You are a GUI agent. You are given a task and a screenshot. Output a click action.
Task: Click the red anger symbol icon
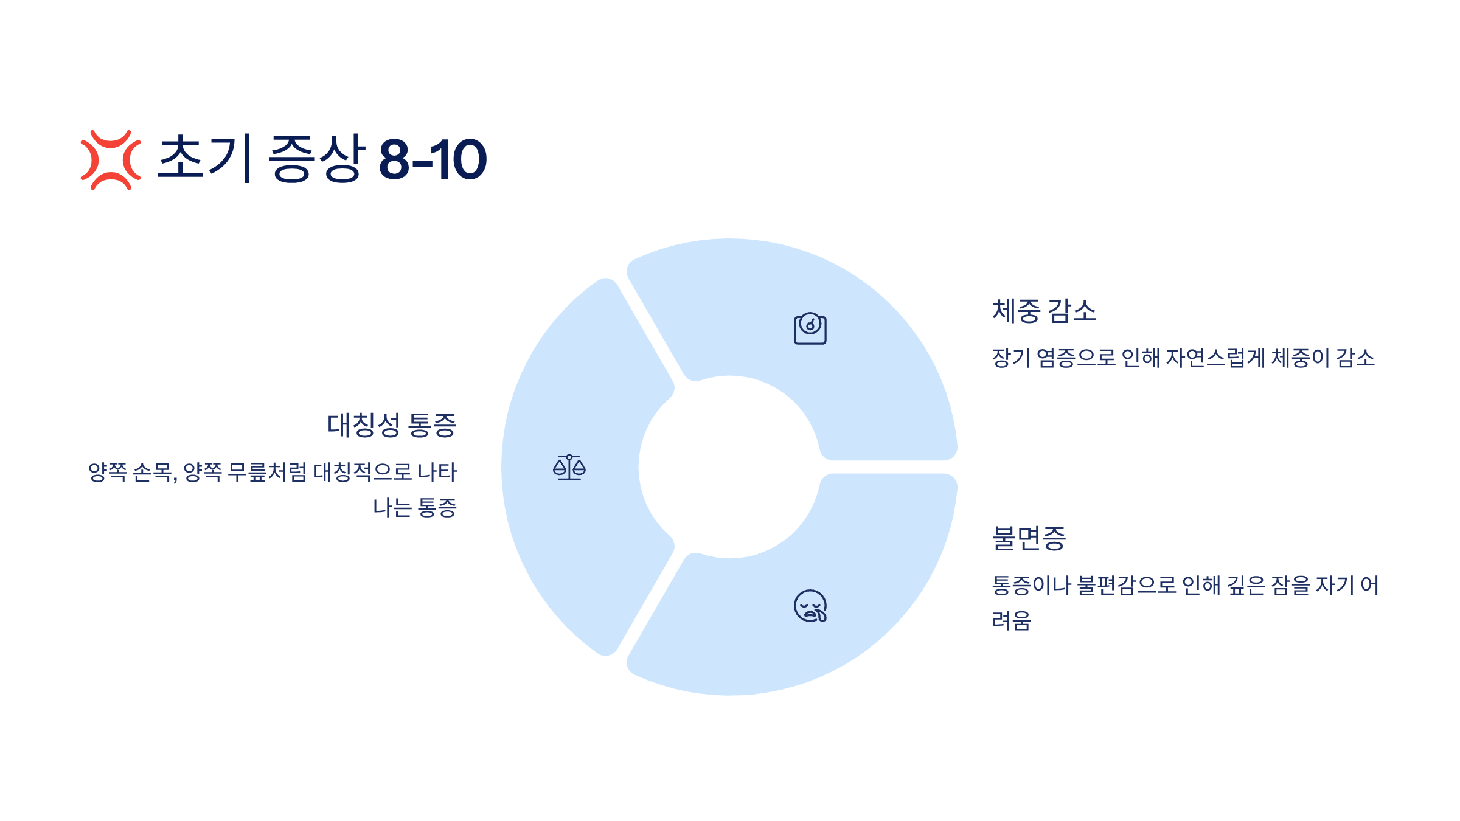click(x=111, y=160)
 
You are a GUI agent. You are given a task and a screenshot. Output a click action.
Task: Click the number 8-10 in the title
click(x=433, y=160)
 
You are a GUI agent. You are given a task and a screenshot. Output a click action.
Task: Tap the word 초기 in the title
click(x=205, y=158)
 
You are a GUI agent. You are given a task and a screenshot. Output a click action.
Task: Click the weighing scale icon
click(x=810, y=328)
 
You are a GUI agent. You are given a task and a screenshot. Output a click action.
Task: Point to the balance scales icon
click(x=569, y=467)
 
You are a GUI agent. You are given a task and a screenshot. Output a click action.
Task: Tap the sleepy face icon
click(x=810, y=606)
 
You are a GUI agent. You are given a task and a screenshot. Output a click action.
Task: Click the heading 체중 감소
click(x=1044, y=311)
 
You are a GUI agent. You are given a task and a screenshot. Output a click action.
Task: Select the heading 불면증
click(x=1029, y=538)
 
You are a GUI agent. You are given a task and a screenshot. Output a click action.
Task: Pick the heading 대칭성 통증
click(x=392, y=424)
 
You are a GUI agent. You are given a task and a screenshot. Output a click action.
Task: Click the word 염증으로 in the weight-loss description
click(x=1076, y=358)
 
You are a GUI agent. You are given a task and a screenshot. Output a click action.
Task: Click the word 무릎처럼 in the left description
click(x=267, y=472)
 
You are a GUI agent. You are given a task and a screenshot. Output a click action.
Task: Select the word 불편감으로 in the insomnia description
click(x=1127, y=585)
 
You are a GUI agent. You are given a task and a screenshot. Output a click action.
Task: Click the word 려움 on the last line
click(x=1011, y=620)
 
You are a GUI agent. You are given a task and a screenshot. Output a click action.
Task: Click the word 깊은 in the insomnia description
click(x=1245, y=585)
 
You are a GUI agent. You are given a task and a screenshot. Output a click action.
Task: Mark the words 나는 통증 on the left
click(x=414, y=507)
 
